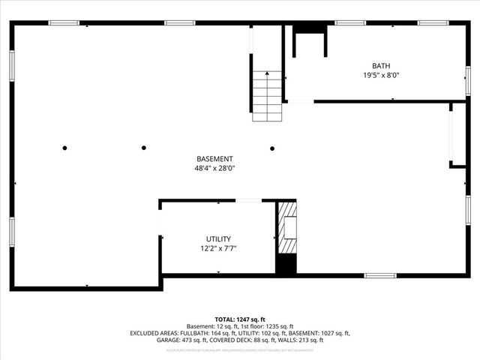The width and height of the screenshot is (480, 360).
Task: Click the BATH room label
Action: pos(381,66)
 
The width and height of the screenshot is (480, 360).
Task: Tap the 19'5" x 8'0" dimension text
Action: pos(381,75)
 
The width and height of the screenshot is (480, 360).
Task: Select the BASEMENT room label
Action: pos(214,159)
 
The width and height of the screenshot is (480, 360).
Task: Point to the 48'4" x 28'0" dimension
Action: pos(214,168)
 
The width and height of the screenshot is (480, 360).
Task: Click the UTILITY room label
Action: pos(218,239)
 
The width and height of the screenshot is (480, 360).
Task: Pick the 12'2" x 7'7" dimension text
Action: pos(218,248)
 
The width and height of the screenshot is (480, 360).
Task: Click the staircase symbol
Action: pos(266,95)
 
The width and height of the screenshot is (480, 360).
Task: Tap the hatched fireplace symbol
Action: pos(287,228)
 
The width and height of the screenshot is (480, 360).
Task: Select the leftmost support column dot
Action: pos(65,148)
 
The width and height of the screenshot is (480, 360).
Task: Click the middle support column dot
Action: pos(143,148)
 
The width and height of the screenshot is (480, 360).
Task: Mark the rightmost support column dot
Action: pos(272,148)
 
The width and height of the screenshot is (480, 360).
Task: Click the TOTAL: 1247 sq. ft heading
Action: pos(240,319)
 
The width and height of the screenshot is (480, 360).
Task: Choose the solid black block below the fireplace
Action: pos(286,264)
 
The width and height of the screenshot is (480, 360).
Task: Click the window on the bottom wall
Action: pos(380,275)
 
